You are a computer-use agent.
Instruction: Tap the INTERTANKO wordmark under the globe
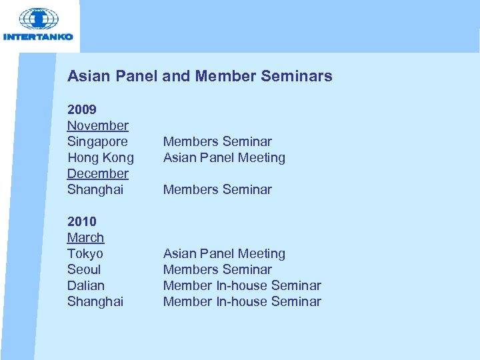pyautogui.click(x=39, y=37)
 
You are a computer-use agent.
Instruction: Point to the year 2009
pyautogui.click(x=82, y=109)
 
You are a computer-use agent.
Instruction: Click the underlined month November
pyautogui.click(x=97, y=125)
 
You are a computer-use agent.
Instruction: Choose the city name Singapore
pyautogui.click(x=97, y=141)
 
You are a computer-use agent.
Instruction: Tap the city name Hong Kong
pyautogui.click(x=100, y=157)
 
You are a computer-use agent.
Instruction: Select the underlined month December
pyautogui.click(x=97, y=173)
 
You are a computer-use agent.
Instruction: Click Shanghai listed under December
pyautogui.click(x=95, y=189)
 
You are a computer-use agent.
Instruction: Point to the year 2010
pyautogui.click(x=82, y=221)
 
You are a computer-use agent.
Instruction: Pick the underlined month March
pyautogui.click(x=85, y=237)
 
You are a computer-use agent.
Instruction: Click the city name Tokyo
pyautogui.click(x=85, y=253)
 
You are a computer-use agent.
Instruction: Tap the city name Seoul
pyautogui.click(x=84, y=269)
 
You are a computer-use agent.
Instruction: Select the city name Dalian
pyautogui.click(x=85, y=285)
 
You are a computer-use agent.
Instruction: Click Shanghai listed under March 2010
pyautogui.click(x=95, y=301)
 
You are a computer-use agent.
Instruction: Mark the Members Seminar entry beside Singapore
pyautogui.click(x=217, y=141)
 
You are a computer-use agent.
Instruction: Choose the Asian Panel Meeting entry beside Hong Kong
pyautogui.click(x=224, y=157)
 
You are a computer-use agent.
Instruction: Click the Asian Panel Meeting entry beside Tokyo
pyautogui.click(x=224, y=253)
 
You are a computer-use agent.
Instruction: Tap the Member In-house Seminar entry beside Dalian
pyautogui.click(x=242, y=285)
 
